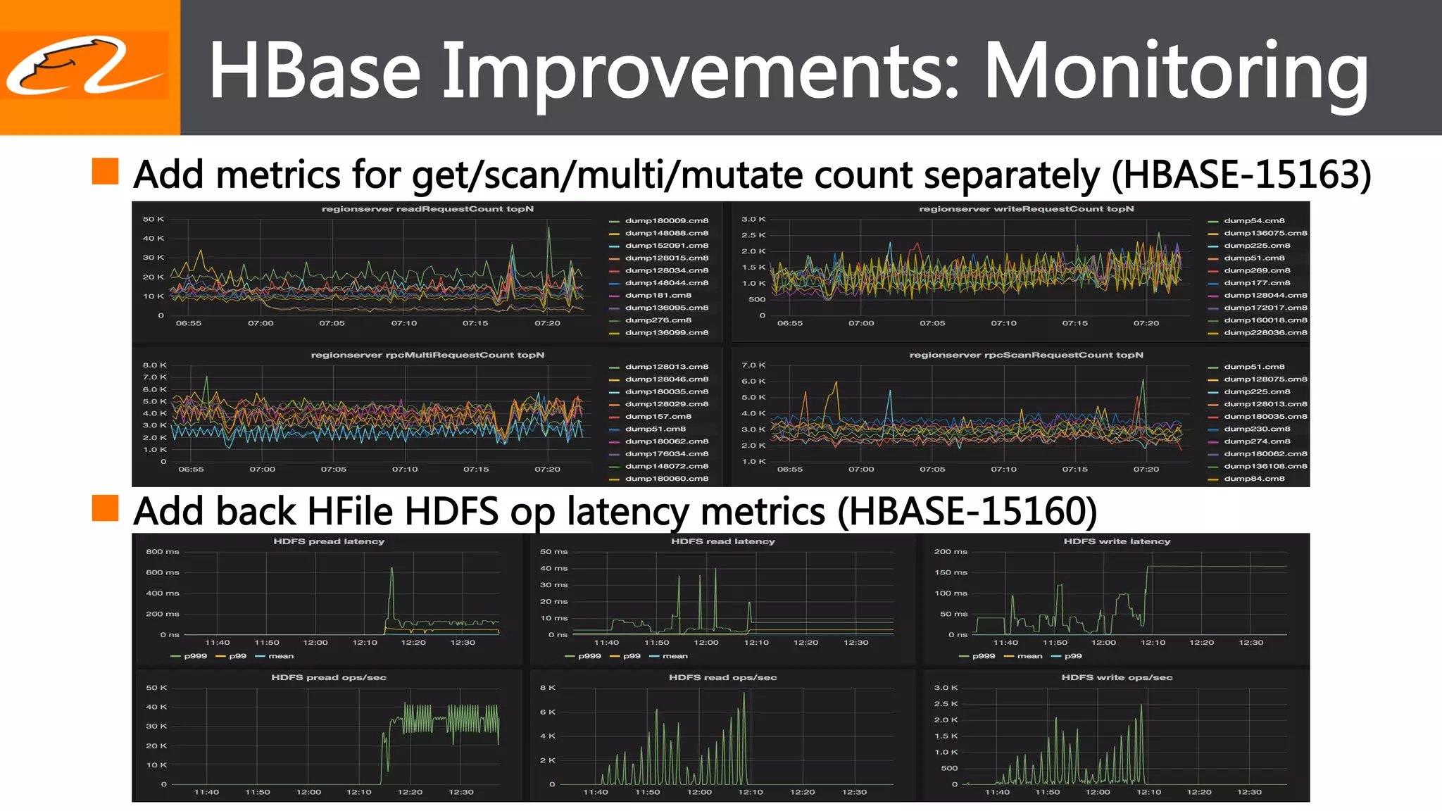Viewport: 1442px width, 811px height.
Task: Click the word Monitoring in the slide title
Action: click(1174, 70)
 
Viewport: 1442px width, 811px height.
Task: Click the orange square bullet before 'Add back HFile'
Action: click(105, 508)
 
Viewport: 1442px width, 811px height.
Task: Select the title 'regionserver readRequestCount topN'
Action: click(427, 209)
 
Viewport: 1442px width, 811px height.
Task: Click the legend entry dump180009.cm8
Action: click(666, 220)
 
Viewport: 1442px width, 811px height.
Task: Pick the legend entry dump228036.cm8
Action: click(1265, 332)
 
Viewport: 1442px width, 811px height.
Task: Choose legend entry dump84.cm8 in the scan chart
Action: click(1253, 479)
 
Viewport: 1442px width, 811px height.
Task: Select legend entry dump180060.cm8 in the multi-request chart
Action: click(666, 479)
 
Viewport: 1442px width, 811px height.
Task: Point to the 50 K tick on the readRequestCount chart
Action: click(153, 219)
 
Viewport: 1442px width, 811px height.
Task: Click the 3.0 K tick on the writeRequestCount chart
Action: click(753, 219)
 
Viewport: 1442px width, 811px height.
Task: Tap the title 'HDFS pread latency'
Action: click(329, 541)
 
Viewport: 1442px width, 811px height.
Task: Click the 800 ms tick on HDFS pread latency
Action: click(162, 552)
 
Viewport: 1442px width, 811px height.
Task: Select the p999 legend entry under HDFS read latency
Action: click(589, 656)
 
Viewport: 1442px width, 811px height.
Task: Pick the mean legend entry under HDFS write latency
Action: click(1029, 656)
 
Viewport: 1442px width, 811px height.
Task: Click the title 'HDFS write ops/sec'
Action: click(1117, 677)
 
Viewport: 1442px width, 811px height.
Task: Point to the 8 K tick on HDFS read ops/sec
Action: click(547, 688)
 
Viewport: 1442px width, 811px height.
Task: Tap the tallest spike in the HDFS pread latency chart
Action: click(391, 570)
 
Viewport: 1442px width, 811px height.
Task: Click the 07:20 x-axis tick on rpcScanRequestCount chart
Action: click(1146, 469)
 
